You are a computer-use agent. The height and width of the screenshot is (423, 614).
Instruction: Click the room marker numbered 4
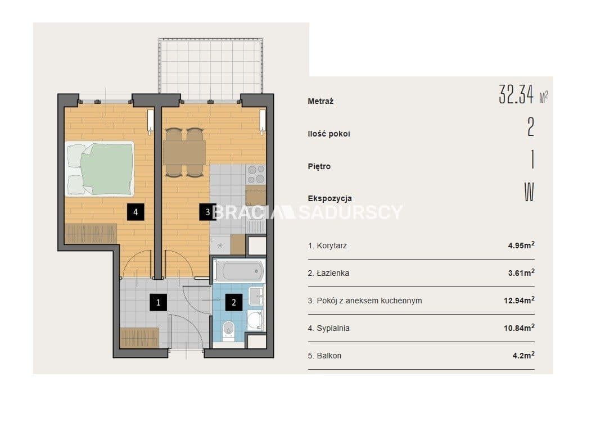136,212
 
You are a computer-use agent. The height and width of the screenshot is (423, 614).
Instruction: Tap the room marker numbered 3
207,212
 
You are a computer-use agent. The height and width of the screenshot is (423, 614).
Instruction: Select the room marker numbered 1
158,302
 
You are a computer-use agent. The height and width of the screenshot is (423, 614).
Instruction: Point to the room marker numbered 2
234,302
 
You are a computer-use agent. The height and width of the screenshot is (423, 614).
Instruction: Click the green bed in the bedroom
100,169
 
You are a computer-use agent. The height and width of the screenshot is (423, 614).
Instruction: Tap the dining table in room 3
184,153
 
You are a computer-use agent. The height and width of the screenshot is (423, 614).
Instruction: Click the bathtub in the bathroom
239,271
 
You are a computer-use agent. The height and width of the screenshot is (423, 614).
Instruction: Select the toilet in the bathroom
228,331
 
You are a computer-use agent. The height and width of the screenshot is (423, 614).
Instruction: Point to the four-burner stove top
256,175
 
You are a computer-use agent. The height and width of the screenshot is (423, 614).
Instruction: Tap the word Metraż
320,101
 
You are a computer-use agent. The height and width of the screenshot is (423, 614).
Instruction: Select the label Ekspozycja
329,198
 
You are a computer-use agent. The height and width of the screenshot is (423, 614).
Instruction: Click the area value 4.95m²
521,245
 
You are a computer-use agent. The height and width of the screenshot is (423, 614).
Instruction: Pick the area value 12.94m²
519,301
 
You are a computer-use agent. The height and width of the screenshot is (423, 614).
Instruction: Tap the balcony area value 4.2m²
523,356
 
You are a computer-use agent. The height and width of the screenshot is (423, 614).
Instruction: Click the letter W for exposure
529,192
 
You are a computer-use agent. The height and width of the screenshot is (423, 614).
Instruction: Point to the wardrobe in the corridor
139,338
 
